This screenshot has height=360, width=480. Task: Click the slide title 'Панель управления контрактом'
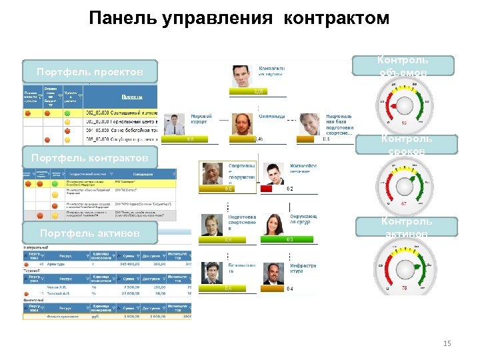coord(239,18)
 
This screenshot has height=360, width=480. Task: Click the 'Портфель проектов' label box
coord(89,71)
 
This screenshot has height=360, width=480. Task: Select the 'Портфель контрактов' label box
coord(90,157)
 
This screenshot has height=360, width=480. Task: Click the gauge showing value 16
coord(404,107)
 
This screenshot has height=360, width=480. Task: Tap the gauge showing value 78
coord(404,269)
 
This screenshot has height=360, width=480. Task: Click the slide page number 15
coord(447,343)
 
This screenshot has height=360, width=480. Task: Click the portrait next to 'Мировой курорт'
coord(175,124)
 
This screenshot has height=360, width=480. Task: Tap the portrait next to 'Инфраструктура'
coord(273,273)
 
